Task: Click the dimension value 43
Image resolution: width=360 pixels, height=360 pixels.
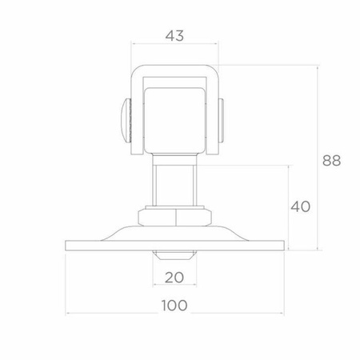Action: pyautogui.click(x=174, y=36)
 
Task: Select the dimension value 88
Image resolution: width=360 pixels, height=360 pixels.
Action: pyautogui.click(x=331, y=161)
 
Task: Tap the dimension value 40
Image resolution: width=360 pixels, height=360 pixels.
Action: pyautogui.click(x=300, y=206)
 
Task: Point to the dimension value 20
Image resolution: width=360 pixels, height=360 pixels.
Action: pyautogui.click(x=174, y=278)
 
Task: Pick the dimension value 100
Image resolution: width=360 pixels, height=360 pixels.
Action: pyautogui.click(x=174, y=306)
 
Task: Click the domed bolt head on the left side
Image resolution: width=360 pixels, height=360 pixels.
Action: pyautogui.click(x=126, y=120)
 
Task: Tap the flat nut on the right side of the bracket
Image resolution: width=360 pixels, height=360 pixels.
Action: pyautogui.click(x=222, y=120)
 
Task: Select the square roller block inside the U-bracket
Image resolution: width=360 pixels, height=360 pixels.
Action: pyautogui.click(x=174, y=120)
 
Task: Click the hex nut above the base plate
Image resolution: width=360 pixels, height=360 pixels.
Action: pyautogui.click(x=174, y=218)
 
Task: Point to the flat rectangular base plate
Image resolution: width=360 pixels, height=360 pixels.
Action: pyautogui.click(x=174, y=246)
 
